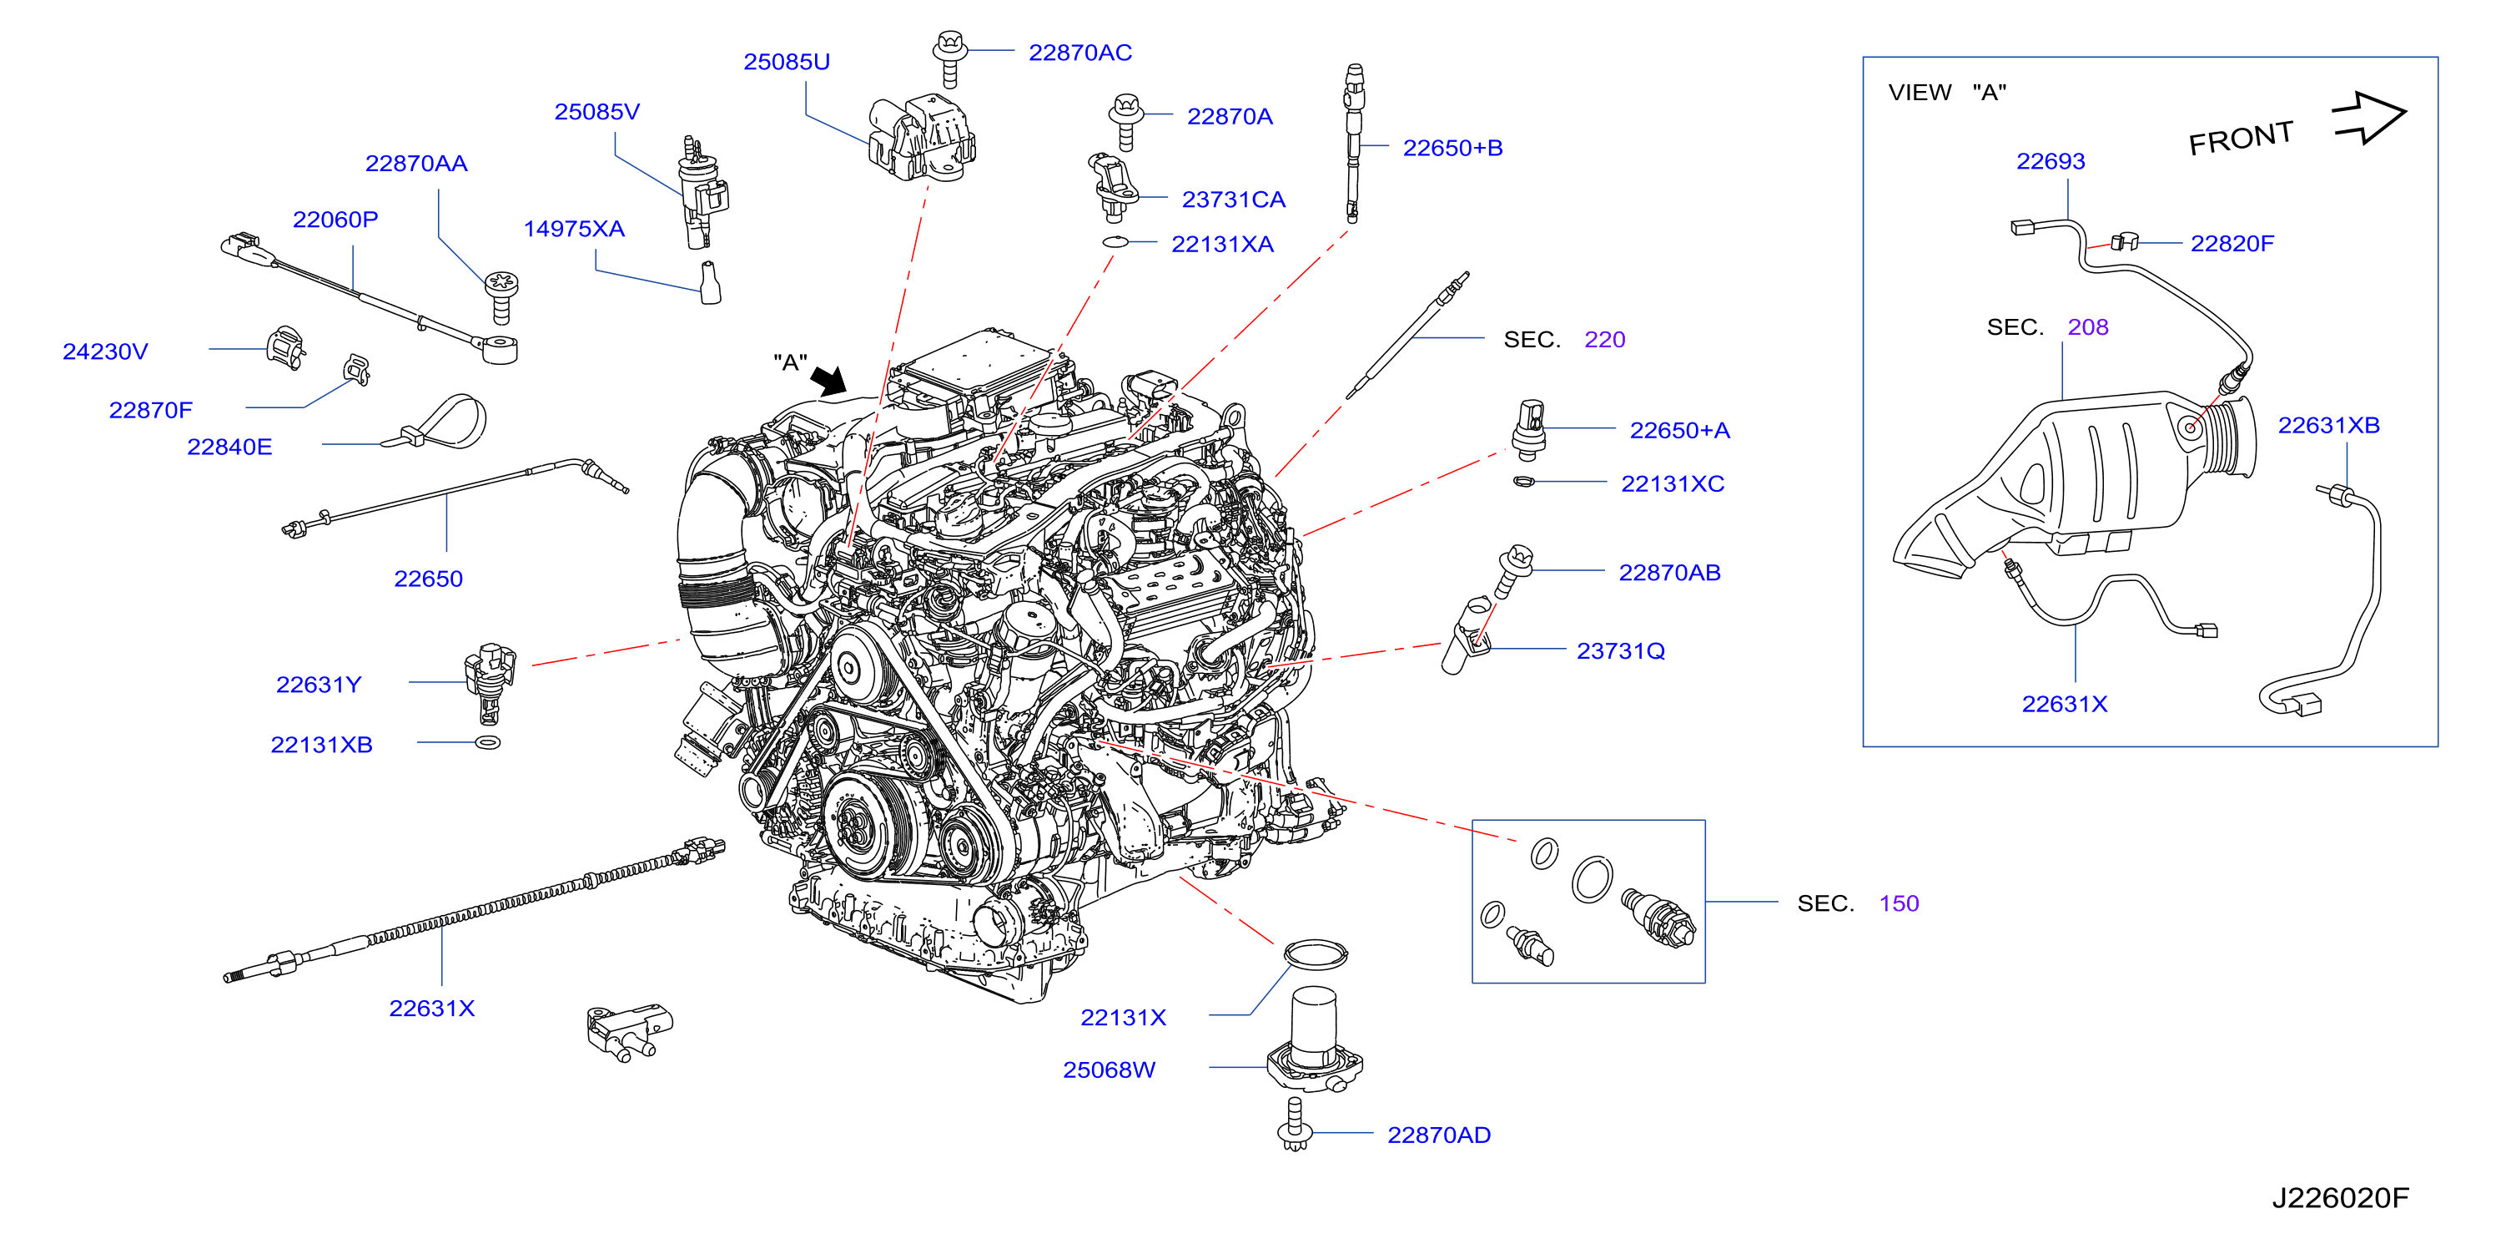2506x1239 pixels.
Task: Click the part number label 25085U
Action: point(786,61)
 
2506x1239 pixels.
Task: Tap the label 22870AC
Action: point(1079,53)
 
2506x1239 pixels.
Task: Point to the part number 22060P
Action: point(335,219)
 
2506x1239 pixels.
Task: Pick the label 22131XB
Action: point(321,745)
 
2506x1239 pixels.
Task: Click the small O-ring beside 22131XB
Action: point(488,742)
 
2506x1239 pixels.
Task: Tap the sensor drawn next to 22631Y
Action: point(490,682)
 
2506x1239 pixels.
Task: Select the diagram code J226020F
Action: point(2340,1197)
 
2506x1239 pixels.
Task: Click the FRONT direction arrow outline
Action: point(2369,118)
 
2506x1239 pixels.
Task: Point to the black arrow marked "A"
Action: point(829,380)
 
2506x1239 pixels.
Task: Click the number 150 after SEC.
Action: point(1898,903)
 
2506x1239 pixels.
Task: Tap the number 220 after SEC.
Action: point(1604,340)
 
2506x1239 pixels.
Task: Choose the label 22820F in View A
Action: point(2232,243)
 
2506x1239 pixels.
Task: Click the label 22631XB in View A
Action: point(2328,425)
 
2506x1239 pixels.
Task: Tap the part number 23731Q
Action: point(1621,651)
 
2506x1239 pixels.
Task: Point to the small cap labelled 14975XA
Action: point(710,282)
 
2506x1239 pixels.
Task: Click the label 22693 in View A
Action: point(2050,162)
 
